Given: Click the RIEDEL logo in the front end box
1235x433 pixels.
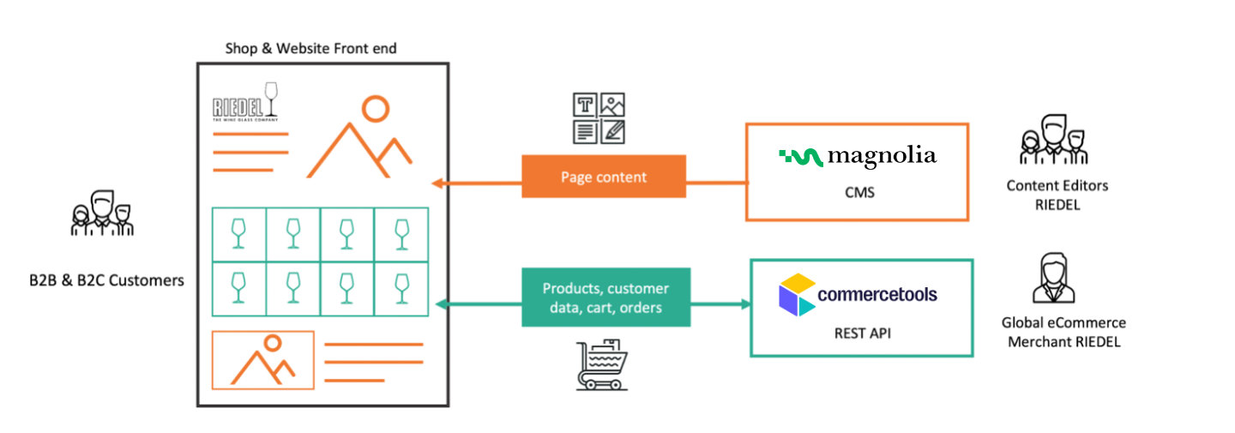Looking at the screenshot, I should [x=245, y=105].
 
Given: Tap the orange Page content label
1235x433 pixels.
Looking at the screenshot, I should [x=604, y=177].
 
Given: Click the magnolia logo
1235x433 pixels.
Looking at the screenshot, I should [x=858, y=156].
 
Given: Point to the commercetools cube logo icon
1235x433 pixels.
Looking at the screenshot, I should [x=797, y=294].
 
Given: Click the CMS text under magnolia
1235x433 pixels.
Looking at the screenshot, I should [x=858, y=192].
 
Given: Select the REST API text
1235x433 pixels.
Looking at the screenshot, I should [x=862, y=333].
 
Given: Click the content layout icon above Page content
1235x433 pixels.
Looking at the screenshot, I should [x=599, y=117].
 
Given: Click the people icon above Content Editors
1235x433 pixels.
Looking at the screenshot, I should [x=1054, y=139].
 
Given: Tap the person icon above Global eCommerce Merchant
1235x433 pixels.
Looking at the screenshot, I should [x=1053, y=279].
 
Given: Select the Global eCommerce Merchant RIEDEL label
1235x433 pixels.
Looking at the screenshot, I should [x=1063, y=332].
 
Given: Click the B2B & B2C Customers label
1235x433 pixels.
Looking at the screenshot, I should [x=106, y=280].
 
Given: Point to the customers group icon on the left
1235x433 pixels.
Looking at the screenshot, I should [x=102, y=213].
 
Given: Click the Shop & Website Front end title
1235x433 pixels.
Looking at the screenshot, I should [x=310, y=48].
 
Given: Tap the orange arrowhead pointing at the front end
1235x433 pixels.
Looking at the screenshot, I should [x=437, y=182].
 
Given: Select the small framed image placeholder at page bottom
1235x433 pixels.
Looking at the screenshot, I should [x=263, y=360].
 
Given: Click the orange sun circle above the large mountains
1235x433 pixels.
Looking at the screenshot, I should [x=375, y=108].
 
